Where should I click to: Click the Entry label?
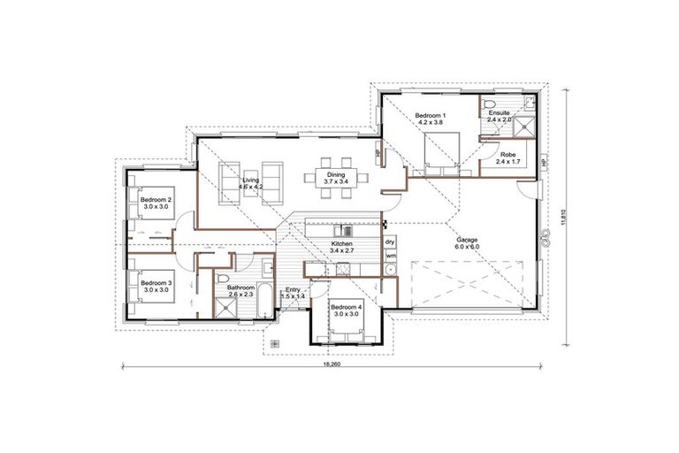tap(294, 292)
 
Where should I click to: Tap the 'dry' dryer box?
tap(390, 242)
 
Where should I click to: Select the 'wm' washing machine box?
tap(390, 257)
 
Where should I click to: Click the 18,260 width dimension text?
tap(332, 365)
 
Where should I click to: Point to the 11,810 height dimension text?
tap(564, 218)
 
